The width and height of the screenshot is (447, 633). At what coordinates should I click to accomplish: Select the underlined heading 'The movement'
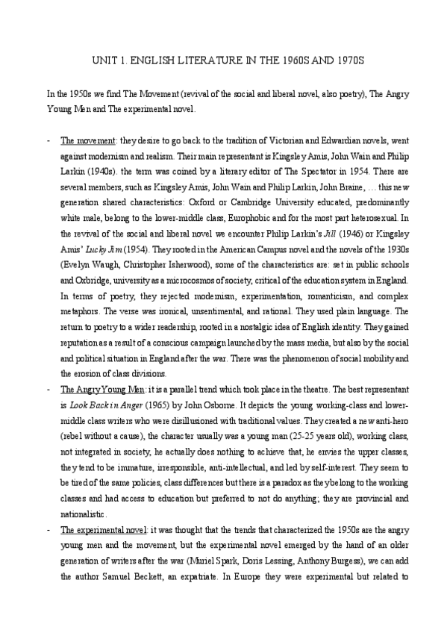[84, 140]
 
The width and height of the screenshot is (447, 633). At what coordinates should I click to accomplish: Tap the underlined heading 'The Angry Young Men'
[95, 390]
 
